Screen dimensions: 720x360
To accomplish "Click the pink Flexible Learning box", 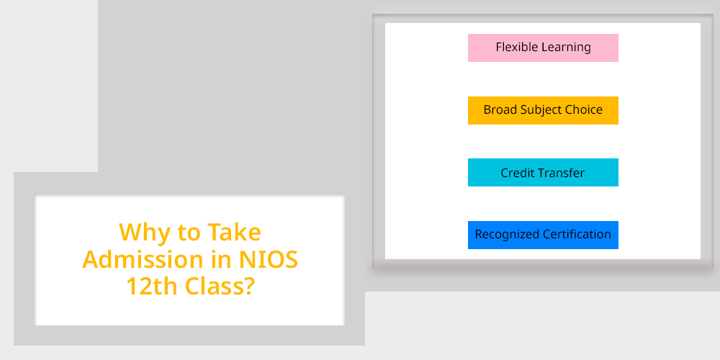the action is pyautogui.click(x=543, y=48).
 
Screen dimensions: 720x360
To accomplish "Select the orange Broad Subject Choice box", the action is pyautogui.click(x=543, y=110).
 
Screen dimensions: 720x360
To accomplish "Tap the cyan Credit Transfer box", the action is pyautogui.click(x=543, y=173).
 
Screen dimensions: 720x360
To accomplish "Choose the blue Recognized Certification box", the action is pyautogui.click(x=543, y=235).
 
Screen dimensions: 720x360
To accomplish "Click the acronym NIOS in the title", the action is pyautogui.click(x=269, y=260).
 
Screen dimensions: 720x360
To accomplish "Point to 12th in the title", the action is pyautogui.click(x=152, y=287).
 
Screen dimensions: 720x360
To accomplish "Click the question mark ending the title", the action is pyautogui.click(x=248, y=287).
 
